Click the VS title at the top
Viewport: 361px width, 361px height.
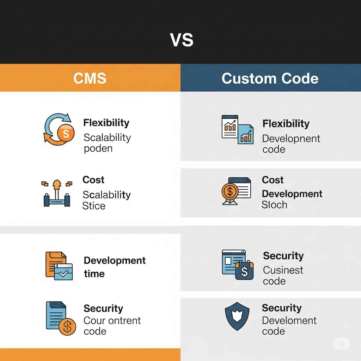click(x=182, y=40)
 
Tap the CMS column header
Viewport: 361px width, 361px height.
click(x=90, y=78)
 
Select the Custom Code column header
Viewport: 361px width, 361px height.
click(x=270, y=78)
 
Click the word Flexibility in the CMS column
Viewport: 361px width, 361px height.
click(x=106, y=123)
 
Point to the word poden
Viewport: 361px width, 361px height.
click(x=98, y=148)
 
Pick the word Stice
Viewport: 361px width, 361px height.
click(x=94, y=206)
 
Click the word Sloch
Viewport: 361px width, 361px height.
click(x=274, y=205)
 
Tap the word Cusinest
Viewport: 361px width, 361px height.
click(x=283, y=270)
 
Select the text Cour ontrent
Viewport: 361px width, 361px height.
click(x=112, y=320)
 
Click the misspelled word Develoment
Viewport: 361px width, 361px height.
click(x=289, y=320)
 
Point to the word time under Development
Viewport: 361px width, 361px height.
click(x=94, y=274)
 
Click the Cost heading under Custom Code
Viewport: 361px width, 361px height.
click(x=273, y=180)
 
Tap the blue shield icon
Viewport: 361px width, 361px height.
click(x=237, y=316)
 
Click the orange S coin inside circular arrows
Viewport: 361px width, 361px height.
click(x=66, y=133)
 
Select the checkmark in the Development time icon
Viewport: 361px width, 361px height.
click(x=64, y=274)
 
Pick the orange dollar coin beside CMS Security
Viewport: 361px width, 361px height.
click(x=67, y=327)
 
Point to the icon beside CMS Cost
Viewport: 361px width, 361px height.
click(x=57, y=194)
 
